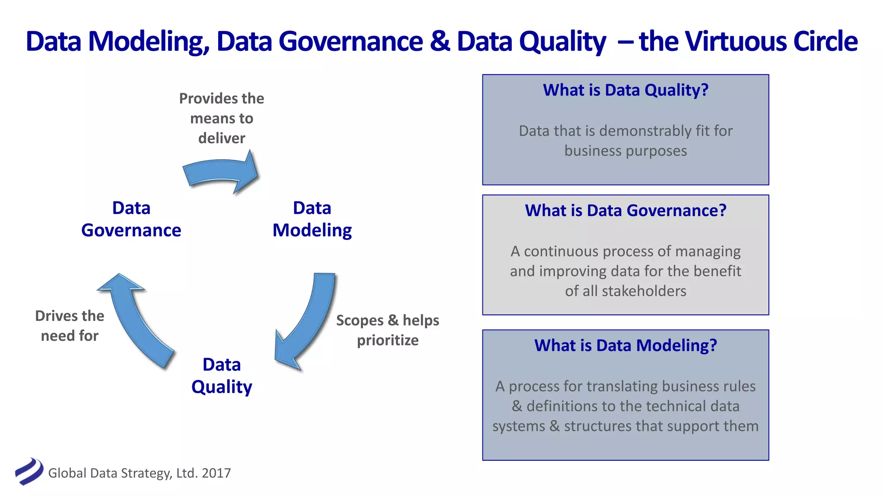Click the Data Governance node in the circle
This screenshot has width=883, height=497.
[x=131, y=219]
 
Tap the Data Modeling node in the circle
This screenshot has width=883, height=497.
[x=312, y=219]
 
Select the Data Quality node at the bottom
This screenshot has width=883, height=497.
[x=222, y=376]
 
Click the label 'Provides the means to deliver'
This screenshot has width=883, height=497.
[x=222, y=118]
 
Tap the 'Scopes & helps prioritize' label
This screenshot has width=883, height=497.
[x=387, y=330]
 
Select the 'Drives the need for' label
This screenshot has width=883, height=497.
[x=69, y=326]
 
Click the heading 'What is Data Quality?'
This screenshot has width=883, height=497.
[x=626, y=90]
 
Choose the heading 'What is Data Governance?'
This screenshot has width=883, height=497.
[x=626, y=211]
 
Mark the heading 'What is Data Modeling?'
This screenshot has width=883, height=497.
[x=626, y=346]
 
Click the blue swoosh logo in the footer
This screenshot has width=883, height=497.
[x=29, y=472]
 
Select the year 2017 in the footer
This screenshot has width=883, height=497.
[x=216, y=473]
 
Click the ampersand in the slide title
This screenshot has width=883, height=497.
[x=440, y=41]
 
